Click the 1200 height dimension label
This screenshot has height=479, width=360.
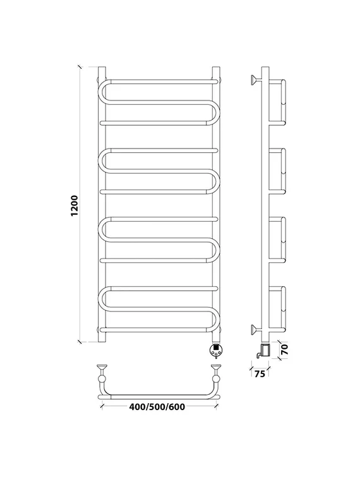click(75, 205)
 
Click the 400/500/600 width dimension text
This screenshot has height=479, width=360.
click(157, 407)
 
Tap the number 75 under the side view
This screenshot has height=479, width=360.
click(260, 373)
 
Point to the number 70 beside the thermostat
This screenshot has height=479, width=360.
click(284, 349)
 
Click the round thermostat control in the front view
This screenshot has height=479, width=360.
click(216, 349)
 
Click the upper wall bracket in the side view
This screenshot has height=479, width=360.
click(256, 80)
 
